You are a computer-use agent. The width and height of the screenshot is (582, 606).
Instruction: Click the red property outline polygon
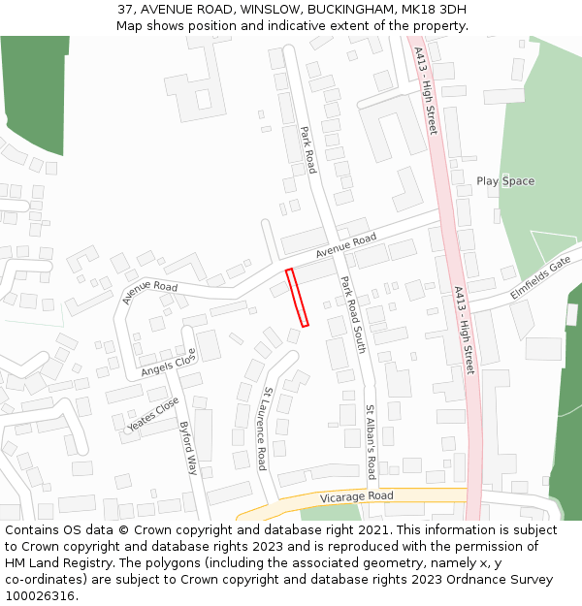[298, 298]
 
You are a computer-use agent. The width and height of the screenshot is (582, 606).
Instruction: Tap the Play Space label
[505, 181]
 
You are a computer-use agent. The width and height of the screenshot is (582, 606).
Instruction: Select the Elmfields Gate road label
[540, 278]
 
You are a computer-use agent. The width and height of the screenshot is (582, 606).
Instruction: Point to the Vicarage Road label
[357, 496]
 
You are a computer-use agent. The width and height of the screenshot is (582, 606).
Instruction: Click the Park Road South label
[352, 313]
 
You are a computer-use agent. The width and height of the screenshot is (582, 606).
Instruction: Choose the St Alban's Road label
[370, 442]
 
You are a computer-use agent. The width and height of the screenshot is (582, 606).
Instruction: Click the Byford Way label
[189, 447]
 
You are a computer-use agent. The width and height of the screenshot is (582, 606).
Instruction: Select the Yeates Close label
[153, 414]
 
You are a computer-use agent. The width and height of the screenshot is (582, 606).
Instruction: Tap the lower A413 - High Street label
[463, 331]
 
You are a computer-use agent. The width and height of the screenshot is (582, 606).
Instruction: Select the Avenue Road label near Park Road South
[345, 247]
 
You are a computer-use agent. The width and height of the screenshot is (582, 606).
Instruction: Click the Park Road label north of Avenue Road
[307, 150]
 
